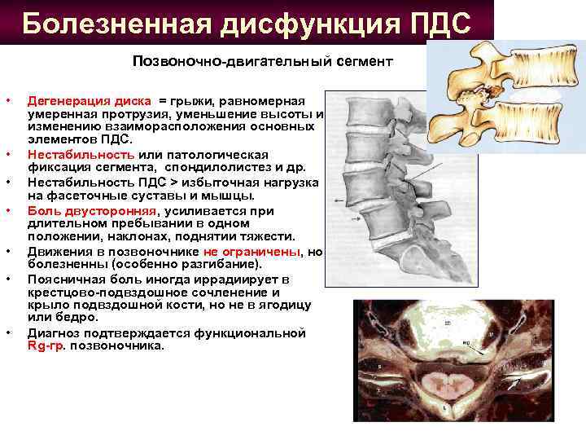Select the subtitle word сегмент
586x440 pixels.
coord(365,62)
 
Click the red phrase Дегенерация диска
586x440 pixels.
coord(89,101)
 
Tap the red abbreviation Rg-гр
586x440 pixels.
coord(45,345)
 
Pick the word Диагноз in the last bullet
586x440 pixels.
coord(54,333)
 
